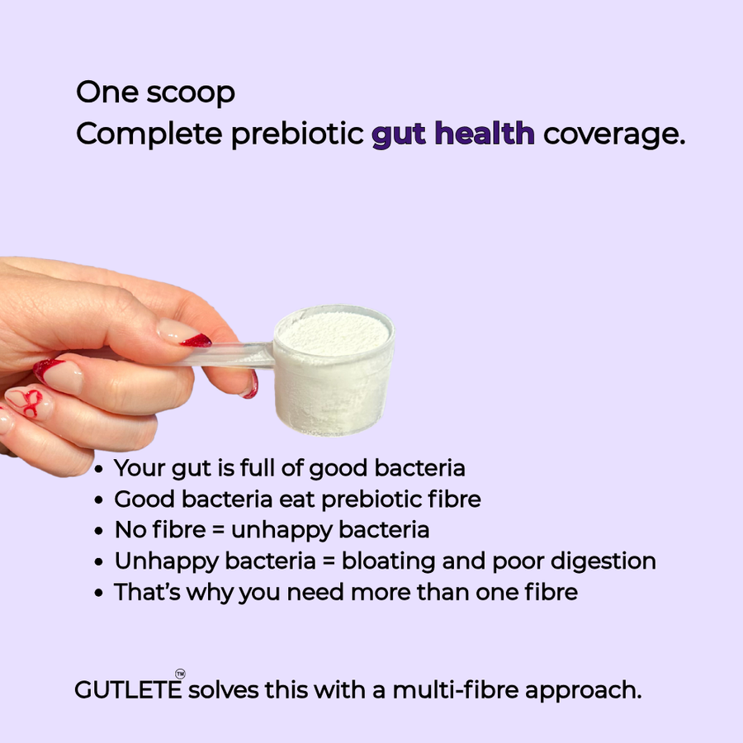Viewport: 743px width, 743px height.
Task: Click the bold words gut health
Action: tap(452, 134)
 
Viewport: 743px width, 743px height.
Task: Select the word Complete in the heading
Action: tap(149, 134)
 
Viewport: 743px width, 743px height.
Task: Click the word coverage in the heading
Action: tap(613, 134)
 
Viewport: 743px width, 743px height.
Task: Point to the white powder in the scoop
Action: tap(334, 334)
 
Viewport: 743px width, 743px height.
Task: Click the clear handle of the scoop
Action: tap(248, 354)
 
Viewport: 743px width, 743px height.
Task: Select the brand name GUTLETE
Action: tap(127, 690)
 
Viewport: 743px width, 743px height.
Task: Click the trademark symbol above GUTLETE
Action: tap(180, 674)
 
